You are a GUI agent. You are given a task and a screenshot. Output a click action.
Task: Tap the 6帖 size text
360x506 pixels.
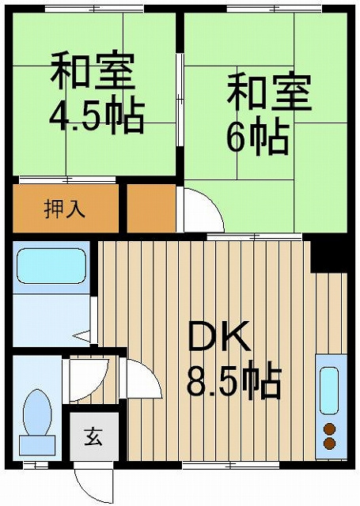point(256,138)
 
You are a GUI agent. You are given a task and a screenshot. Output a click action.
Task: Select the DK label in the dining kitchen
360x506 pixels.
point(219,340)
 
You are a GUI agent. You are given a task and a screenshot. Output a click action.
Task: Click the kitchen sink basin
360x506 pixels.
point(330,391)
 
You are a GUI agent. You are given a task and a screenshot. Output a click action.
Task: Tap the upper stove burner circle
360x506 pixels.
point(330,429)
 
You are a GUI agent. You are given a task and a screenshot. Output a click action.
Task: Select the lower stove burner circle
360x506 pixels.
point(330,444)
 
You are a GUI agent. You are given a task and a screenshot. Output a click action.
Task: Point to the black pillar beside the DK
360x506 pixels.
point(328,253)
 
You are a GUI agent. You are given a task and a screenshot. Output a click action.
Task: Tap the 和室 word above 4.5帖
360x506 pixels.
point(93,71)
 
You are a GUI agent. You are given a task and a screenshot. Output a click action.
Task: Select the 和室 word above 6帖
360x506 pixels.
point(270,93)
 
